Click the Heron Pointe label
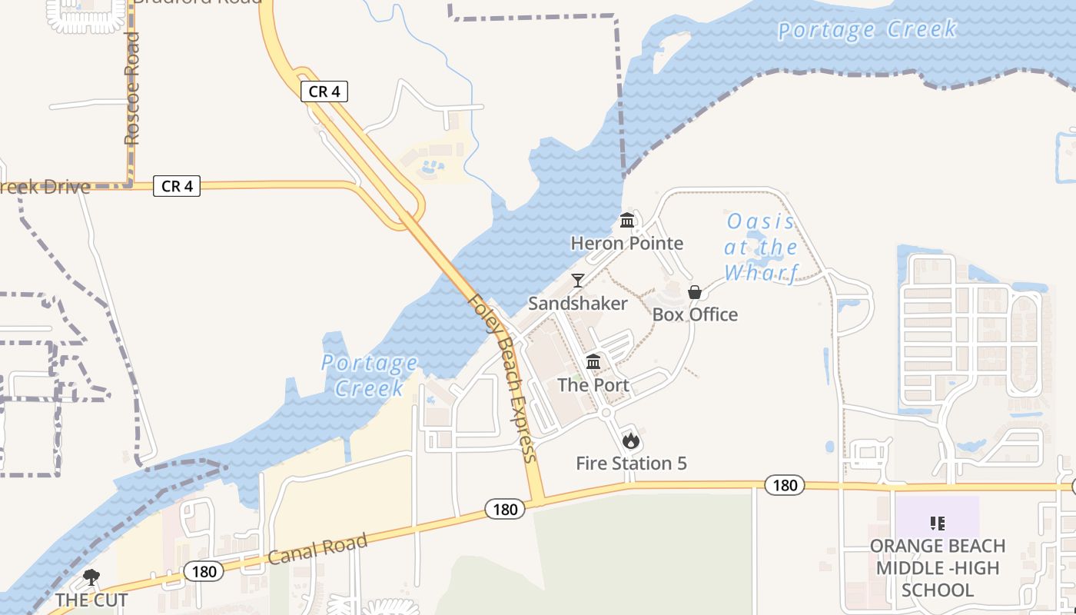pyautogui.click(x=626, y=244)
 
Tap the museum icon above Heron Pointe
pyautogui.click(x=627, y=221)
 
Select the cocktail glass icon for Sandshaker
pyautogui.click(x=578, y=281)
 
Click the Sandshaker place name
pyautogui.click(x=578, y=304)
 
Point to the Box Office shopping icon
pyautogui.click(x=695, y=292)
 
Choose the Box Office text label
pyautogui.click(x=695, y=314)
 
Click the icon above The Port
pyautogui.click(x=593, y=362)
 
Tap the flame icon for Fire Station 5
pyautogui.click(x=631, y=440)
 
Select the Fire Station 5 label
pyautogui.click(x=631, y=464)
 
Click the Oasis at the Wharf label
pyautogui.click(x=762, y=247)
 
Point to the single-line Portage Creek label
pyautogui.click(x=867, y=30)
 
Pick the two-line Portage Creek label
pyautogui.click(x=370, y=374)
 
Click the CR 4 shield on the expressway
pyautogui.click(x=324, y=91)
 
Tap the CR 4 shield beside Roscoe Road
pyautogui.click(x=177, y=186)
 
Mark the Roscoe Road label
pyautogui.click(x=132, y=88)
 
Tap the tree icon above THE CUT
pyautogui.click(x=91, y=577)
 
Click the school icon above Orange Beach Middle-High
pyautogui.click(x=937, y=524)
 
